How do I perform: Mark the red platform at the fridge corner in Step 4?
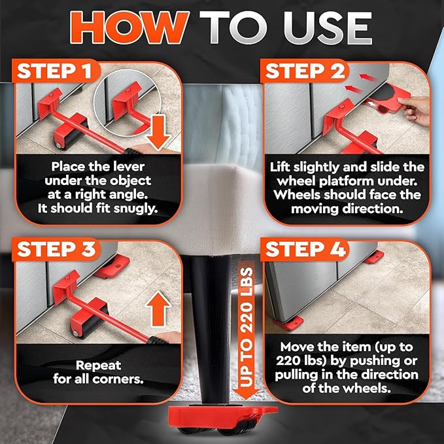coord(286,322)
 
